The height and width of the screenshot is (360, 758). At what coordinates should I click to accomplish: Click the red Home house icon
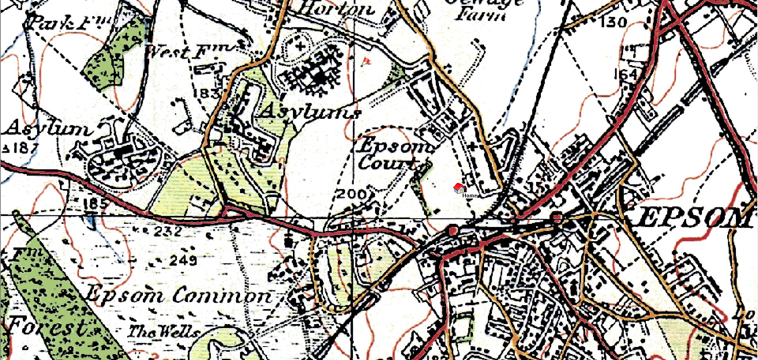459,188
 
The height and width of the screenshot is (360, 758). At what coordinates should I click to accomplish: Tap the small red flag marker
366,62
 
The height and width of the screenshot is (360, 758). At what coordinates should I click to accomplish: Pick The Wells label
162,332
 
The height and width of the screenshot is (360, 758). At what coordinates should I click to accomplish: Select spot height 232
168,231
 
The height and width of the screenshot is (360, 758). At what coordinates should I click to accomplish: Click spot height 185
95,204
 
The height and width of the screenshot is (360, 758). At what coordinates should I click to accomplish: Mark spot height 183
207,94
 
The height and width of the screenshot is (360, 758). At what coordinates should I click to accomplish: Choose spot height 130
613,22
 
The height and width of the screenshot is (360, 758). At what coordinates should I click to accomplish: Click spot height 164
626,74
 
